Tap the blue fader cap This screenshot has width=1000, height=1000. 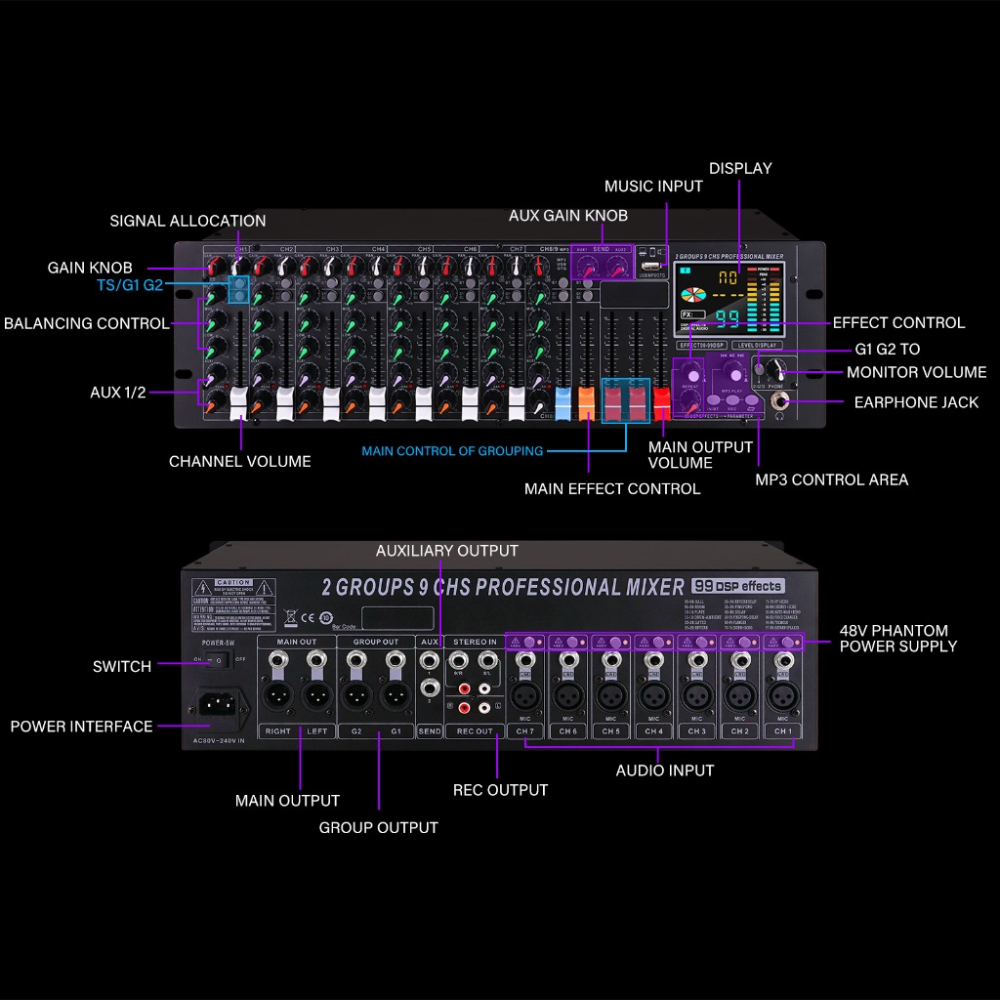point(562,402)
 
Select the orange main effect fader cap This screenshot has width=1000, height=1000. point(586,402)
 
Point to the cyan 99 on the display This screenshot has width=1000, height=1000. point(727,318)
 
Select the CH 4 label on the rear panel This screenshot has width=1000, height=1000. point(653,730)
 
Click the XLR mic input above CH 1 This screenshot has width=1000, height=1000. point(782,697)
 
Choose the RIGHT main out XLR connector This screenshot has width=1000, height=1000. point(277,697)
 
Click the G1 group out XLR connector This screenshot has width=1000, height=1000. point(395,697)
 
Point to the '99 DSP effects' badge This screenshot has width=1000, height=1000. point(737,586)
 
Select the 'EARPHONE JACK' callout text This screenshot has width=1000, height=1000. point(916,402)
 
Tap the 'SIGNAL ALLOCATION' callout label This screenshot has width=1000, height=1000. point(187,221)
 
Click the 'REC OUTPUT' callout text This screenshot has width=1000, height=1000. point(500,789)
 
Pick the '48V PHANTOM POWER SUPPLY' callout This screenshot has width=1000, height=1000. point(897,638)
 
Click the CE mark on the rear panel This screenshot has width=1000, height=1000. point(310,616)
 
